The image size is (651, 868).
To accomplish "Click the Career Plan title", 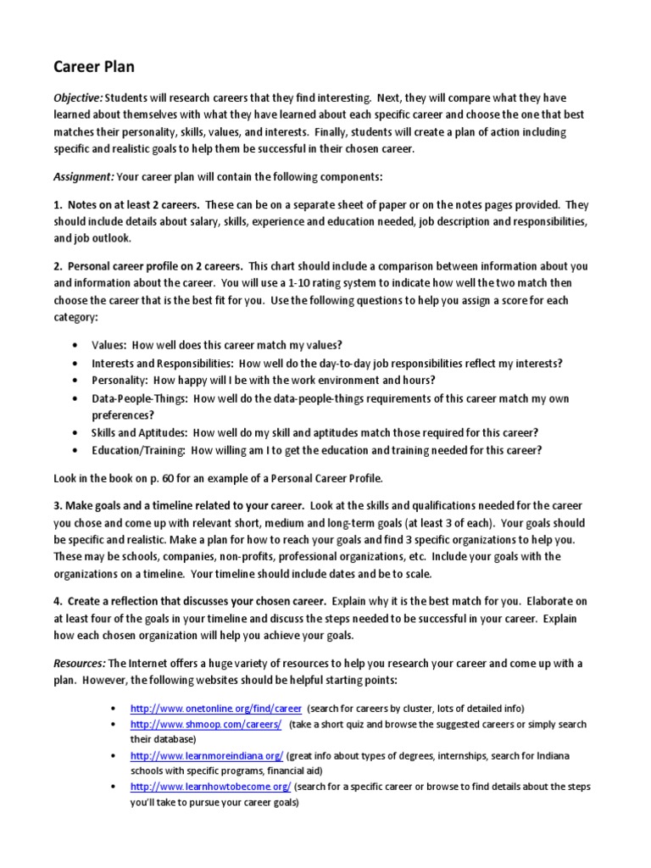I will tap(94, 66).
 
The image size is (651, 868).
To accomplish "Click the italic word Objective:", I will tap(79, 97).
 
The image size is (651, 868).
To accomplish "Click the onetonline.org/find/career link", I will tap(216, 708).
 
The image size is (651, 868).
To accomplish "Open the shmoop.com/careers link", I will tap(206, 726).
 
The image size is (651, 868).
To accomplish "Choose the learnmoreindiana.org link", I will tap(207, 755).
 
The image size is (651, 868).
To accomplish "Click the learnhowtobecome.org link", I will tap(211, 787).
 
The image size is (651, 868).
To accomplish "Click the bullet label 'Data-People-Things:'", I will tap(141, 398).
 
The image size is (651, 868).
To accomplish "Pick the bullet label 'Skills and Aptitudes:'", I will tap(140, 432).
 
